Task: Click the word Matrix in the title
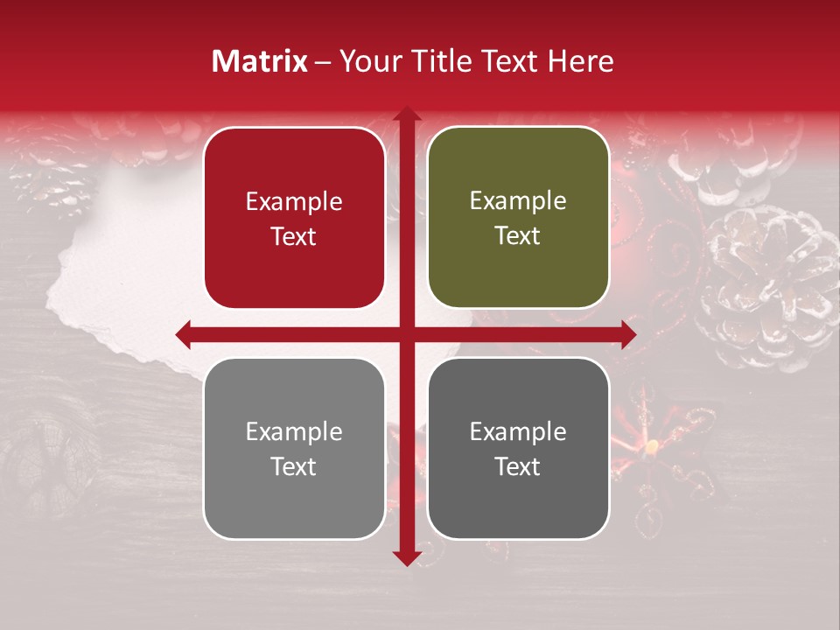coord(260,61)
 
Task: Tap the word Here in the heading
coord(581,61)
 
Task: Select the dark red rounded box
coord(294,218)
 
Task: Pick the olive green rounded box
coord(518,218)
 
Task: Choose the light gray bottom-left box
coord(294,448)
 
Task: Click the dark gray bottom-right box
coord(518,448)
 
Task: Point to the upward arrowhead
coord(406,115)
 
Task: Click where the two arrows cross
coord(406,334)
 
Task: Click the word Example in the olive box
coord(518,201)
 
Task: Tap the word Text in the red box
coord(294,236)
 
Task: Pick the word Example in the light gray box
coord(294,431)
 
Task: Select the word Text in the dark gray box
coord(518,466)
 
